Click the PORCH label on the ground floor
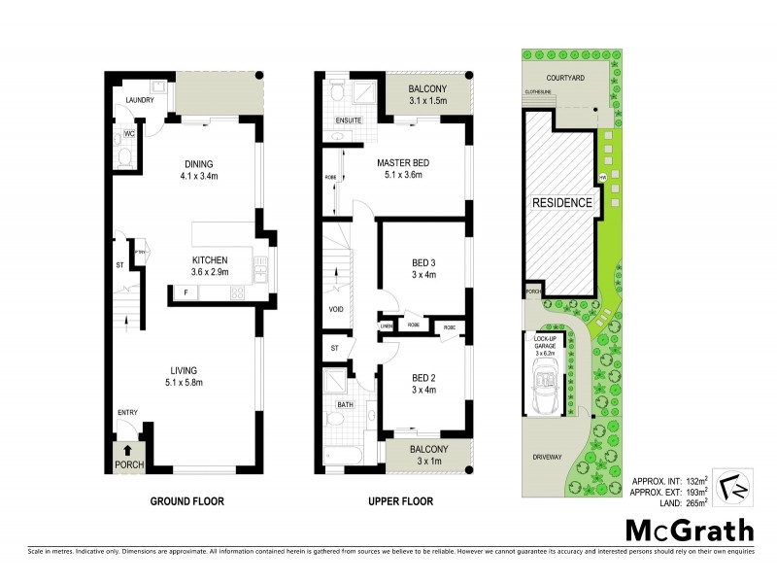[128, 463]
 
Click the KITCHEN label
[209, 260]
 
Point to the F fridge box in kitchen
[185, 291]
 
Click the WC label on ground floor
[128, 135]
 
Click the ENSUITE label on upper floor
[348, 121]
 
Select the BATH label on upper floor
[344, 403]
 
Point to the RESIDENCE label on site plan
[561, 203]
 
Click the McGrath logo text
[690, 531]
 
